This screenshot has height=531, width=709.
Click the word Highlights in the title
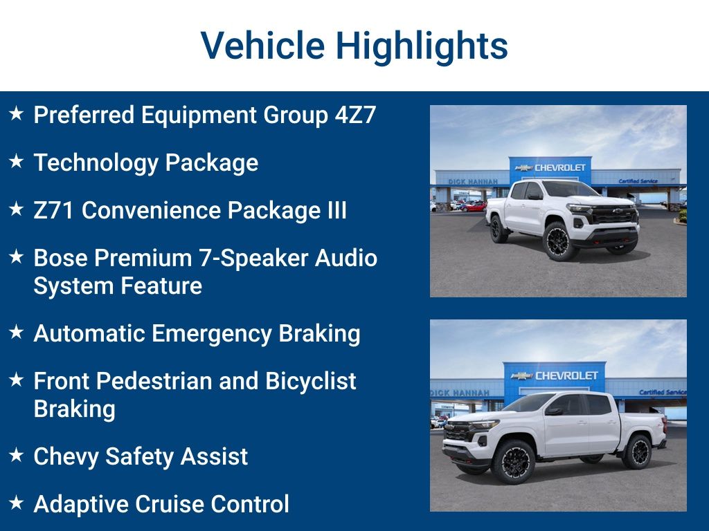(422, 46)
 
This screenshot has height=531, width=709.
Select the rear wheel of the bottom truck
(637, 451)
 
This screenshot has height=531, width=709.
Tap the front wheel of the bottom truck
(512, 461)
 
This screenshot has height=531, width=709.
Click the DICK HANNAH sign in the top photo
(473, 181)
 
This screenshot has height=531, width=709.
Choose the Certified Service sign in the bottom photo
(662, 392)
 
